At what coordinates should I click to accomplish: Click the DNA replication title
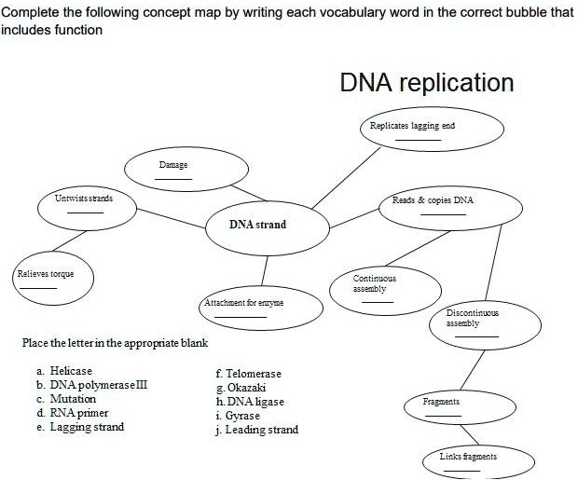click(x=426, y=83)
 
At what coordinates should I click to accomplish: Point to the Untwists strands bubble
click(x=84, y=203)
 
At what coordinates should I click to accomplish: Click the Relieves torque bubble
click(x=44, y=279)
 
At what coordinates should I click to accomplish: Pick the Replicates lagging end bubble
click(x=432, y=130)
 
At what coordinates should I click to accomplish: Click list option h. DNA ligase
click(x=249, y=402)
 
